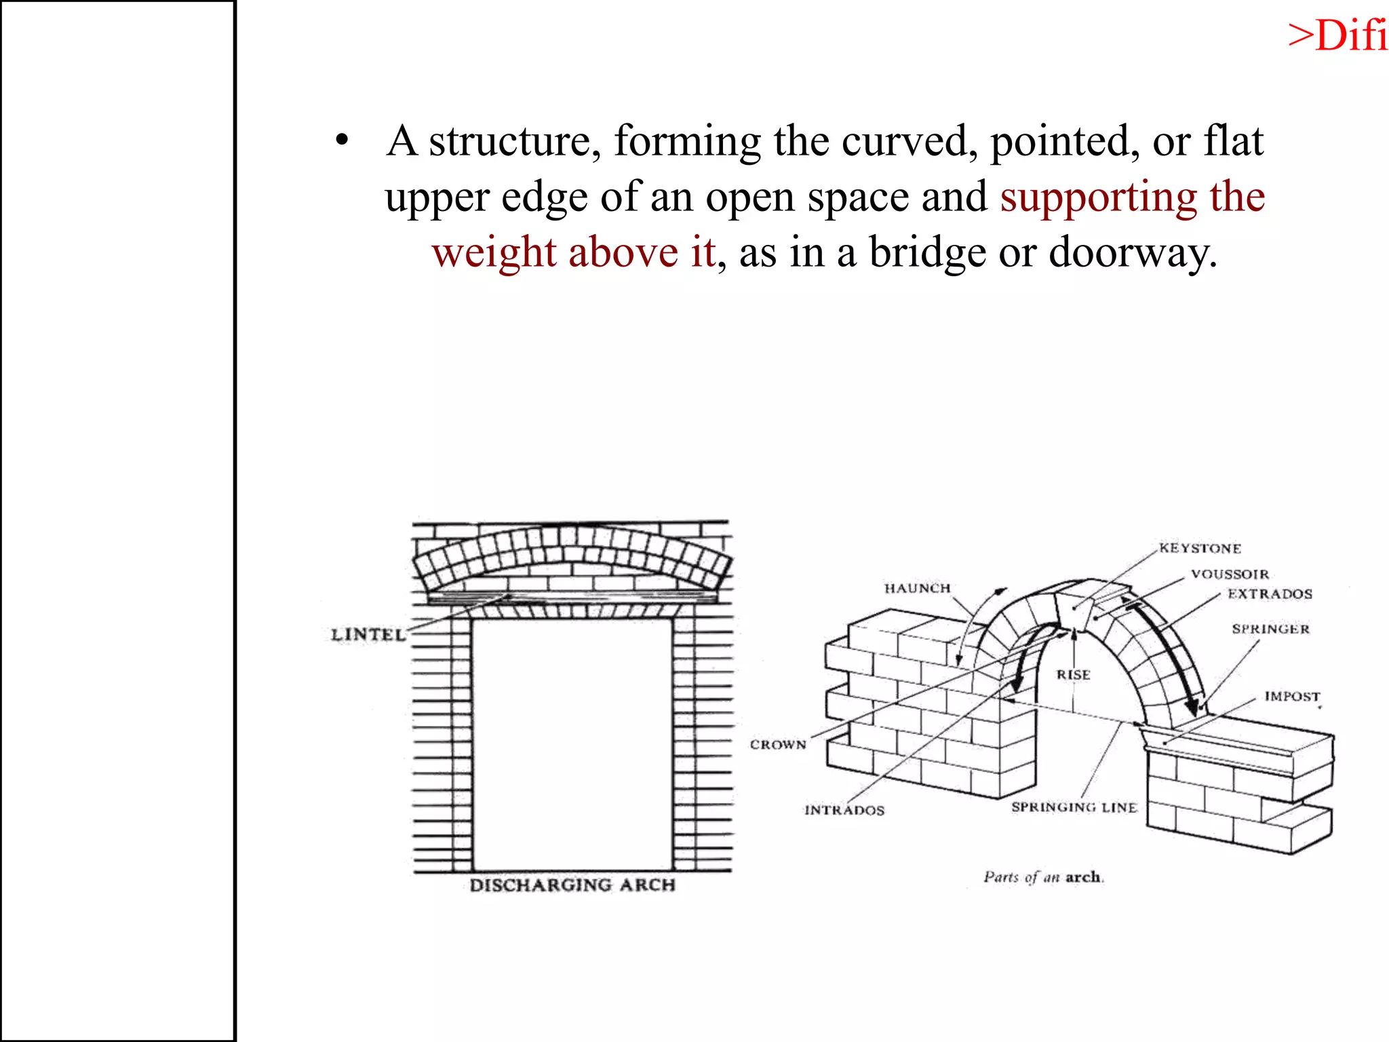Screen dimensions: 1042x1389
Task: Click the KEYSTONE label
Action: tap(1200, 548)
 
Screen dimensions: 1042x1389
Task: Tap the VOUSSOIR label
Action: tap(1230, 574)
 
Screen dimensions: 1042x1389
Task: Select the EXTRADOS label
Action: tap(1270, 594)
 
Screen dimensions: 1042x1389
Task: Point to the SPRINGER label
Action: tap(1270, 629)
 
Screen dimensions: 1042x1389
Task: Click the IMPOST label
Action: tap(1292, 697)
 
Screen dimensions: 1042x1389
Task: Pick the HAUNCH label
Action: tap(917, 588)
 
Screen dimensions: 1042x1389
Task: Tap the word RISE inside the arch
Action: tap(1073, 674)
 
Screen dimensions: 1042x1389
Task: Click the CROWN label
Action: tap(778, 744)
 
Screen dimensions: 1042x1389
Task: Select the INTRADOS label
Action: tap(844, 810)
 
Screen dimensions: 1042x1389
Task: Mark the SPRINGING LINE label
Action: tap(1074, 807)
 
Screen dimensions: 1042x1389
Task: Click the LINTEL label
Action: tap(368, 634)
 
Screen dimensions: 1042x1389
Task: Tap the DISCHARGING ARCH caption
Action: tap(572, 885)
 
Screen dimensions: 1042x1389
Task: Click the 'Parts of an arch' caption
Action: tap(1043, 877)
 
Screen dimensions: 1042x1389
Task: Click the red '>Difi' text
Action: tap(1337, 35)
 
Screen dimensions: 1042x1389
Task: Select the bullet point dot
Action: tap(342, 141)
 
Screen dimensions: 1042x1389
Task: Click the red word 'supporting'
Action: tap(1097, 197)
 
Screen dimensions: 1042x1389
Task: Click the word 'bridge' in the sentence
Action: tap(927, 252)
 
